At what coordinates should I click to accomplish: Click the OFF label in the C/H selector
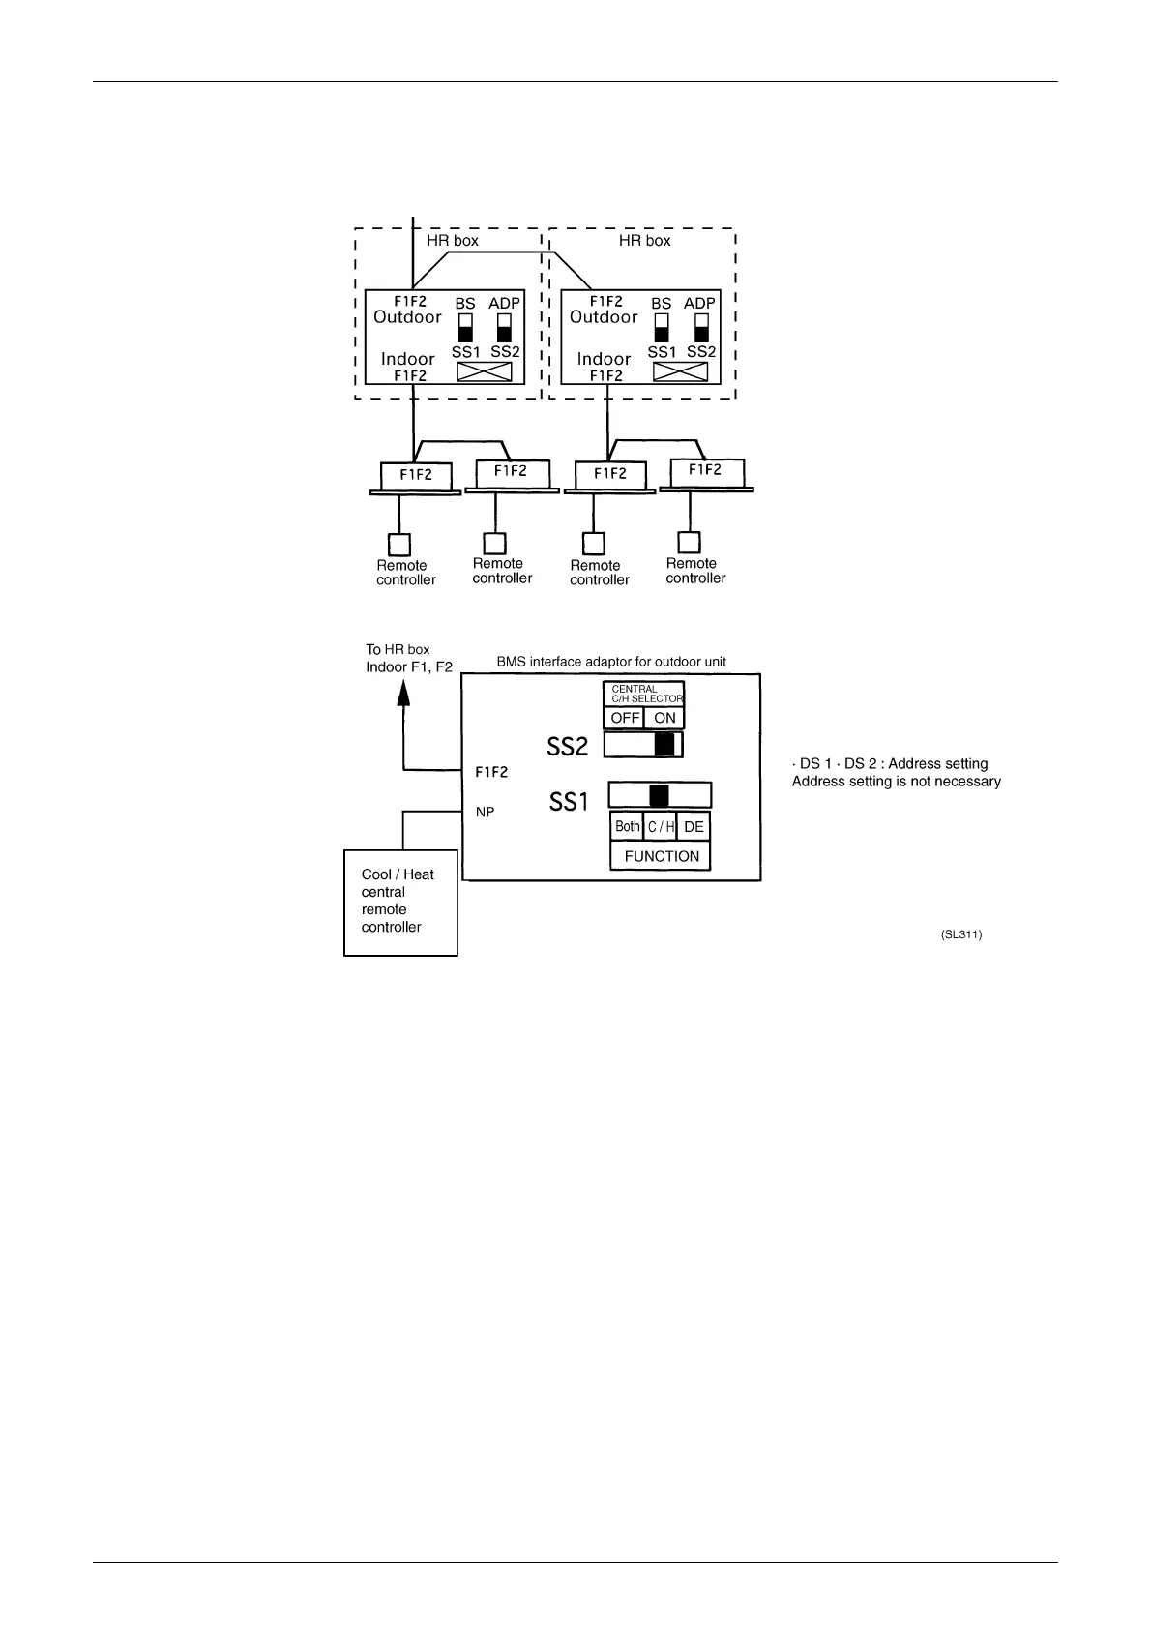click(x=624, y=718)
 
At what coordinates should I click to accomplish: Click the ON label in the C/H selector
click(x=664, y=718)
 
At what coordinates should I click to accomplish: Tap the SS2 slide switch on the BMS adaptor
click(x=643, y=745)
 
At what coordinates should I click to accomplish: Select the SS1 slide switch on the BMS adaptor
click(x=660, y=795)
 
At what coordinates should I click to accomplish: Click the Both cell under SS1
click(x=627, y=826)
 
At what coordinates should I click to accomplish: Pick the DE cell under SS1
click(x=694, y=826)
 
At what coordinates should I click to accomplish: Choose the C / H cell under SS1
click(x=661, y=826)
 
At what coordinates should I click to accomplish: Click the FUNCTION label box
click(x=661, y=856)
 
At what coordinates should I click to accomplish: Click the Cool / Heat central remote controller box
click(x=400, y=903)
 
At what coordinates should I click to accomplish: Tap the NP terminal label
click(x=485, y=813)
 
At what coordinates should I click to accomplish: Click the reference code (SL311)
click(x=960, y=934)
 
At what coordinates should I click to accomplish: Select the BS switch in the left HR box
click(x=465, y=327)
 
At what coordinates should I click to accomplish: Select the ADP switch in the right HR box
click(x=701, y=327)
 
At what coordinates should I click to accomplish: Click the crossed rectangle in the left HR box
click(x=484, y=372)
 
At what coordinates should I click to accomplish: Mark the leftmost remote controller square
click(x=398, y=545)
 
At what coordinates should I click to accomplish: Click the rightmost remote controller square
click(x=689, y=543)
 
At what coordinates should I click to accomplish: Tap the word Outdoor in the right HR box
click(x=604, y=317)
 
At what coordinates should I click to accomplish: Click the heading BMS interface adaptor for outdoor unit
click(x=611, y=662)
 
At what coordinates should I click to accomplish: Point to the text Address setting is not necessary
click(x=896, y=782)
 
